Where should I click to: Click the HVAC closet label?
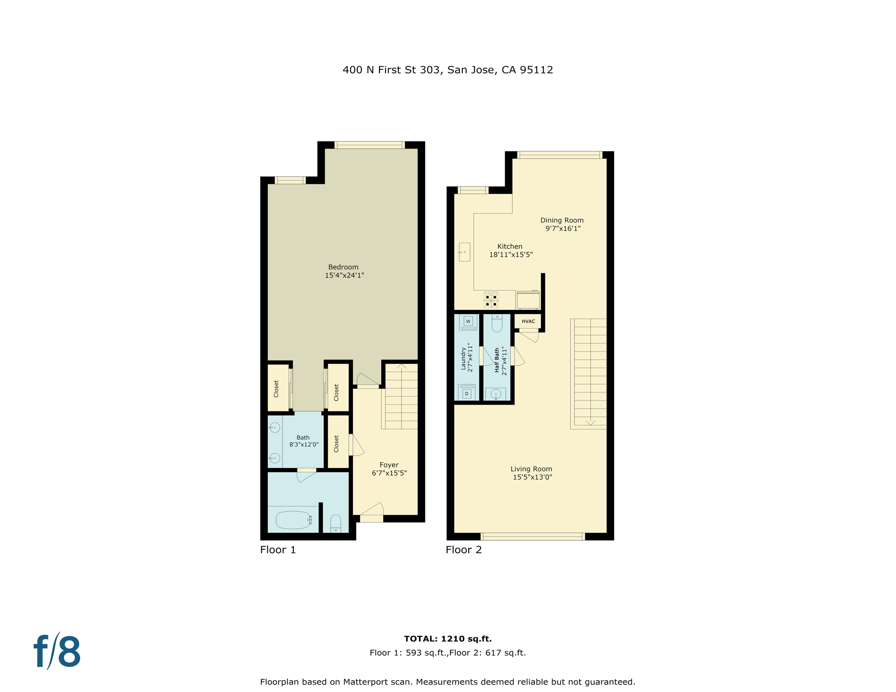(528, 321)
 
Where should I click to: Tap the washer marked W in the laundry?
(468, 322)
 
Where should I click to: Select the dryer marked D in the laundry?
(467, 392)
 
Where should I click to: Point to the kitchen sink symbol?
(464, 252)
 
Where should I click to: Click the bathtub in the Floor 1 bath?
(293, 520)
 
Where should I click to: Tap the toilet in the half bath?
(497, 323)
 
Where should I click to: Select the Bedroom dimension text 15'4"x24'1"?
(344, 275)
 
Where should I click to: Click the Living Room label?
(531, 469)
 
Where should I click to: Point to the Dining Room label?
(562, 220)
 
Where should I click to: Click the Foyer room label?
(389, 465)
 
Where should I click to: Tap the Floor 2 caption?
(464, 550)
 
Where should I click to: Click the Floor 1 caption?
(278, 550)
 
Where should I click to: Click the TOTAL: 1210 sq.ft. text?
(448, 638)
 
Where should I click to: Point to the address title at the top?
(448, 70)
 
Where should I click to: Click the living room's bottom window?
(533, 537)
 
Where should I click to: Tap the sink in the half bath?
(496, 394)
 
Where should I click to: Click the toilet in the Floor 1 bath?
(336, 524)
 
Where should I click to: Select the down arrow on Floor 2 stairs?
(590, 422)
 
